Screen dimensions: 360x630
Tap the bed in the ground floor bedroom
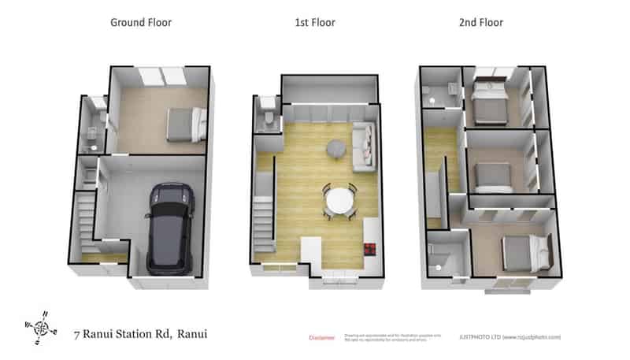pyautogui.click(x=186, y=124)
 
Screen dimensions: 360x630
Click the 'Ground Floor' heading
pyautogui.click(x=141, y=23)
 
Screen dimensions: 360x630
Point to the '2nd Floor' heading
pyautogui.click(x=481, y=23)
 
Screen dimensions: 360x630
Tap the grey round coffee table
pyautogui.click(x=336, y=147)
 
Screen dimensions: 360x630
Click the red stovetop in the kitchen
pyautogui.click(x=369, y=249)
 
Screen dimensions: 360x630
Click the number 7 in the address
pyautogui.click(x=76, y=334)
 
